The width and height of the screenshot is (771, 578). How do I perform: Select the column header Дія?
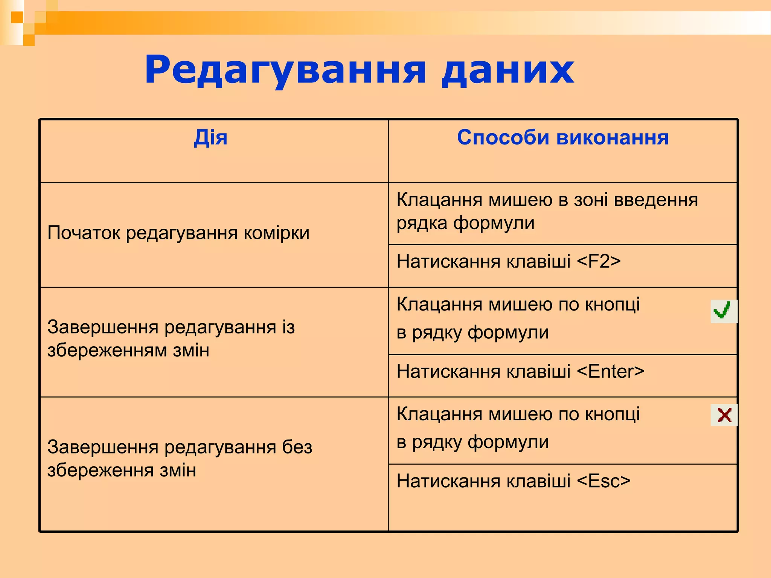pyautogui.click(x=210, y=137)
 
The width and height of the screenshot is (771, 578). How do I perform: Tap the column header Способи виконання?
pyautogui.click(x=562, y=137)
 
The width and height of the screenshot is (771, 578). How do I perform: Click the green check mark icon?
pyautogui.click(x=723, y=311)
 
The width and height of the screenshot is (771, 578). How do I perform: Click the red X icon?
pyautogui.click(x=724, y=415)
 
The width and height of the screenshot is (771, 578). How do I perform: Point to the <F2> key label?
pyautogui.click(x=599, y=262)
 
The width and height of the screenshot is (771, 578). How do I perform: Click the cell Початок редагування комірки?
pyautogui.click(x=178, y=233)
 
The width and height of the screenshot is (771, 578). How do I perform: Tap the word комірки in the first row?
pyautogui.click(x=276, y=233)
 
